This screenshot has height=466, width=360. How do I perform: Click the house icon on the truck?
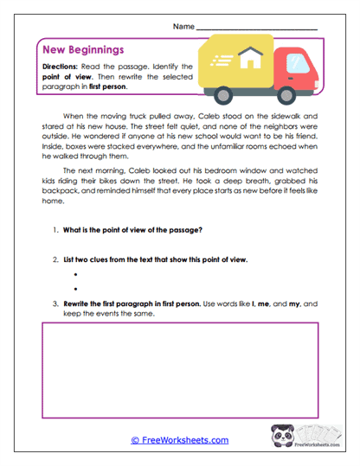252,59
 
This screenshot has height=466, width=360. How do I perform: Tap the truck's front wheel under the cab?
290,93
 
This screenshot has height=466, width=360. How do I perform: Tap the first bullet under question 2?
77,273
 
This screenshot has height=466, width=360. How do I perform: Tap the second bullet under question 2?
77,288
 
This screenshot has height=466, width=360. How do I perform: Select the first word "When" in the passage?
72,115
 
